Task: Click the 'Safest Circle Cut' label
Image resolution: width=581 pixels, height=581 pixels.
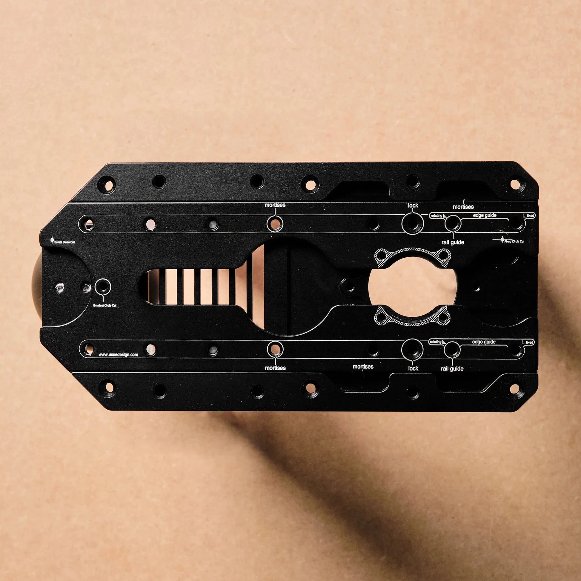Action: coord(64,242)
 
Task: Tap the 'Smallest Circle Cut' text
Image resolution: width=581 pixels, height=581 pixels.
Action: coord(105,305)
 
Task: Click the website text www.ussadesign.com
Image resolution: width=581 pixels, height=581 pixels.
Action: coord(118,355)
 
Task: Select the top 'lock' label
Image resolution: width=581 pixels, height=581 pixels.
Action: coord(413,205)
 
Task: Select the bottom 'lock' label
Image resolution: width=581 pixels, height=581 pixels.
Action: coord(413,368)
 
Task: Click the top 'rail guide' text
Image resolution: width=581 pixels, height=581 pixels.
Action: coord(452,242)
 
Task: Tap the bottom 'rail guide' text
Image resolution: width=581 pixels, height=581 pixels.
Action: coord(452,368)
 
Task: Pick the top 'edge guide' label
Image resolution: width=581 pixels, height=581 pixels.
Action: coord(485,215)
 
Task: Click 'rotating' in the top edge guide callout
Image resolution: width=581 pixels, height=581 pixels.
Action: coord(436,216)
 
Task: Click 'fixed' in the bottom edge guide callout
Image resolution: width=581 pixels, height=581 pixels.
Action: coord(530,342)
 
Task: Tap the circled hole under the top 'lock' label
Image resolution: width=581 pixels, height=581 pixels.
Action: coord(413,223)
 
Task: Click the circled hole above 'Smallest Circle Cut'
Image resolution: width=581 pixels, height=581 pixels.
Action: coord(102,287)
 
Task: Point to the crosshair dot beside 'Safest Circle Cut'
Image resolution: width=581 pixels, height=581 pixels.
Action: coord(52,240)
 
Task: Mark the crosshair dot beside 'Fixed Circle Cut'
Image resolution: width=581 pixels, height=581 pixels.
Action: coord(502,240)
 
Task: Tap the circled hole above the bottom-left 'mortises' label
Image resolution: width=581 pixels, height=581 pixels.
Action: coord(275,349)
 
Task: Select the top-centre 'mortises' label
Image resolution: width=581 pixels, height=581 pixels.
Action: coord(275,205)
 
